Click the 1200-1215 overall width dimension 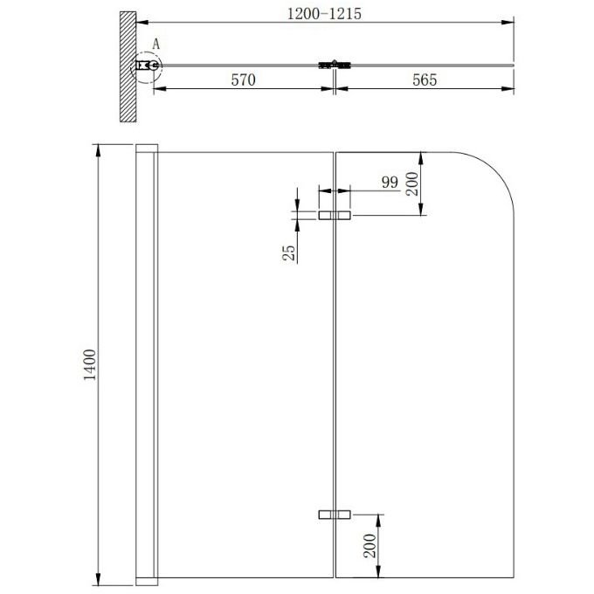pyautogui.click(x=324, y=14)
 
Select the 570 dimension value pyautogui.click(x=243, y=80)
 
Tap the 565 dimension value pyautogui.click(x=425, y=80)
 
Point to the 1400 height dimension pyautogui.click(x=90, y=365)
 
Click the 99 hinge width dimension pyautogui.click(x=390, y=183)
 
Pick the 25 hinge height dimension pyautogui.click(x=288, y=252)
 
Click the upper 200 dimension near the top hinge pyautogui.click(x=412, y=183)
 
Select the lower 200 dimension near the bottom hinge pyautogui.click(x=370, y=546)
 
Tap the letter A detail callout pyautogui.click(x=156, y=45)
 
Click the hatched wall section pyautogui.click(x=128, y=66)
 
